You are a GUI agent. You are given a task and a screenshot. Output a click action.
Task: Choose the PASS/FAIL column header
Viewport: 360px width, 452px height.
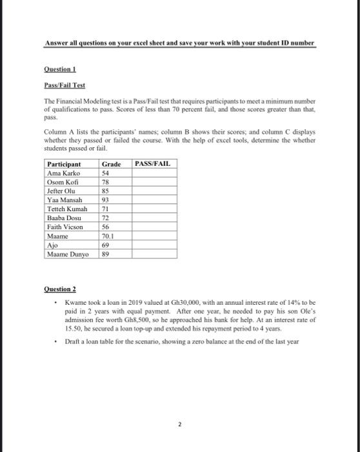[154, 164]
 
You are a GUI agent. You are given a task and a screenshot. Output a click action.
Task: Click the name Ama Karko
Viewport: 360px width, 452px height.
[64, 174]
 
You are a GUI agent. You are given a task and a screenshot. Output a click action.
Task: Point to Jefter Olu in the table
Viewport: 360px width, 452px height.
[62, 192]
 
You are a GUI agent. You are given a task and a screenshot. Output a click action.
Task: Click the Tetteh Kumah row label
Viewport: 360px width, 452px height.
[67, 210]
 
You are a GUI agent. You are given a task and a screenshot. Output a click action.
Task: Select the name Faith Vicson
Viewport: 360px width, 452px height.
[66, 228]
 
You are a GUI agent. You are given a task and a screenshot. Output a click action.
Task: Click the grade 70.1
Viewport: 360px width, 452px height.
[108, 237]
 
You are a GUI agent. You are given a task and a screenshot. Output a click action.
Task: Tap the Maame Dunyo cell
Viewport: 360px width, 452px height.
[67, 255]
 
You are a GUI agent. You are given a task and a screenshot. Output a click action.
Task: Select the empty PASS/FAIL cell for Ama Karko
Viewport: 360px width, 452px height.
[154, 174]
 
